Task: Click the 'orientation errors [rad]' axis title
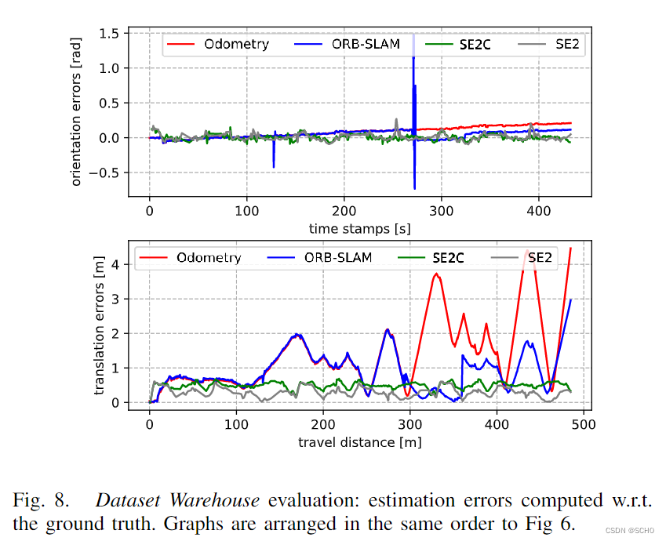[x=77, y=109]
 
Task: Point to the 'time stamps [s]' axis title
[x=360, y=229]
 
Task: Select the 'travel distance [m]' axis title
[x=359, y=441]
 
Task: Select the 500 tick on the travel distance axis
[x=582, y=424]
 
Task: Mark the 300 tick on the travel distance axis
[x=409, y=424]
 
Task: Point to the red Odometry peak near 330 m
[x=436, y=274]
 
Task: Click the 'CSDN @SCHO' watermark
[x=633, y=531]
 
